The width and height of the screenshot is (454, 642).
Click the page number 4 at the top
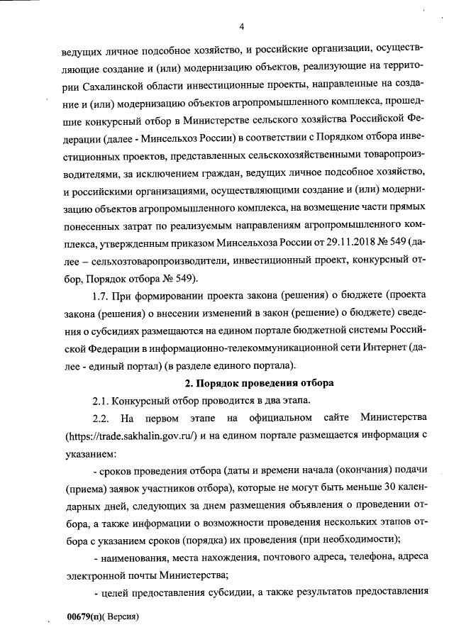[x=242, y=28]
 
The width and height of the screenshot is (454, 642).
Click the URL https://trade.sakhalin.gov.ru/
[x=130, y=435]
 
